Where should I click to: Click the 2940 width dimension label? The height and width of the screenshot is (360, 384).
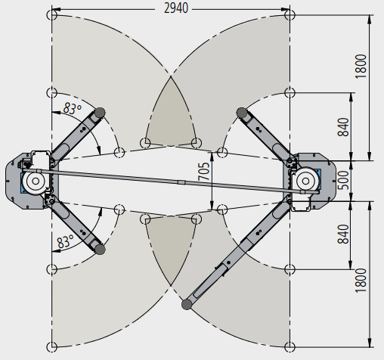tap(176, 8)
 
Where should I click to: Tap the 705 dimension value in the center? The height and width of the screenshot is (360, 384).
tap(204, 172)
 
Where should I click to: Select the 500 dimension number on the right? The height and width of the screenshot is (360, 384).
tap(343, 180)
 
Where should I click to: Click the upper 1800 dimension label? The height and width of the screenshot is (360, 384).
tap(361, 67)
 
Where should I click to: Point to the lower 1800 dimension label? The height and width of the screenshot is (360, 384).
tap(361, 281)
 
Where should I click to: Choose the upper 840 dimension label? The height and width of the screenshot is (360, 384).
tap(343, 127)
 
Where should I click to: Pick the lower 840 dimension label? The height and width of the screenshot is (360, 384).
tap(343, 234)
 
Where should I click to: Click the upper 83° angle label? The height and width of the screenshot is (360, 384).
tap(73, 108)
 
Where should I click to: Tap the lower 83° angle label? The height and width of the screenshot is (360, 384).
tap(65, 241)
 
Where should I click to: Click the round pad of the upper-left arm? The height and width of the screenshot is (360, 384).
tap(100, 113)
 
